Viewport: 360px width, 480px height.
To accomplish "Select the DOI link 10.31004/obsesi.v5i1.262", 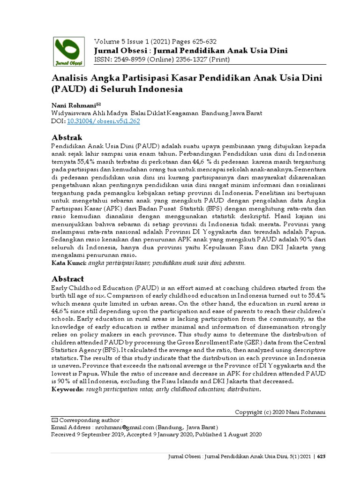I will (104, 121).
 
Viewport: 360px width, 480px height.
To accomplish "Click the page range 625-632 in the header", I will (202, 41).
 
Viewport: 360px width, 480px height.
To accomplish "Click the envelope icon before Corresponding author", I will (53, 420).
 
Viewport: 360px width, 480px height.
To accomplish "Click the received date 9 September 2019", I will (100, 435).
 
